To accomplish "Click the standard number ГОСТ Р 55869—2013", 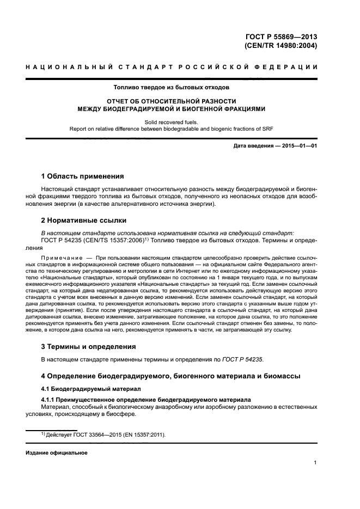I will pyautogui.click(x=281, y=37).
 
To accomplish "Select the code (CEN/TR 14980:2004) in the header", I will pyautogui.click(x=281, y=46).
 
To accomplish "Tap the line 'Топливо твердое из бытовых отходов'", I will pyautogui.click(x=172, y=87).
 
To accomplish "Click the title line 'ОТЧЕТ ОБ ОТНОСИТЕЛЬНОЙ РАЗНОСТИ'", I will pyautogui.click(x=172, y=101).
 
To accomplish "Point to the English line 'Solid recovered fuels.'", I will pyautogui.click(x=172, y=122).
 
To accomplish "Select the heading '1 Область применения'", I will pyautogui.click(x=82, y=176).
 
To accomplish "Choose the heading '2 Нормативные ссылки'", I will pyautogui.click(x=84, y=220).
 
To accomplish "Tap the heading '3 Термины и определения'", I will pyautogui.click(x=89, y=347).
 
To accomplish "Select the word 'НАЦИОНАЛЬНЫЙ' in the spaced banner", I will pyautogui.click(x=61, y=66).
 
